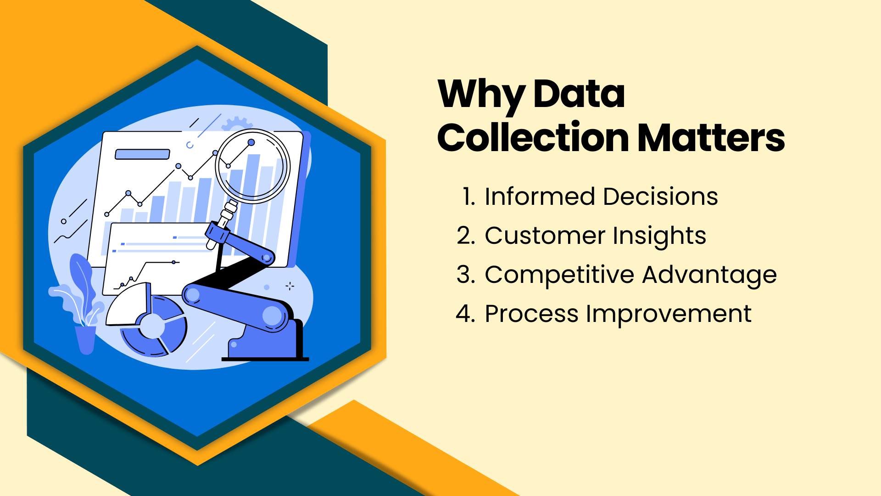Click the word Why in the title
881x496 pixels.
click(x=481, y=94)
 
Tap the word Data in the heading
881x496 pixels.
click(x=579, y=94)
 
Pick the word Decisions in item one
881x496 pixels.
click(x=660, y=197)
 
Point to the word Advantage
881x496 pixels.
click(x=709, y=276)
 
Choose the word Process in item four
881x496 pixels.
click(x=531, y=314)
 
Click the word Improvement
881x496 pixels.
click(x=669, y=315)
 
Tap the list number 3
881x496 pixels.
click(x=465, y=275)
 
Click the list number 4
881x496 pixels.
click(x=465, y=314)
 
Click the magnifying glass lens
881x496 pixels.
click(x=252, y=166)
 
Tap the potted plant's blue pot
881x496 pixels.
click(x=85, y=340)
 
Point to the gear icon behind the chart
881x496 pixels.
click(x=236, y=123)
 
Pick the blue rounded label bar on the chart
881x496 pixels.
click(x=142, y=154)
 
